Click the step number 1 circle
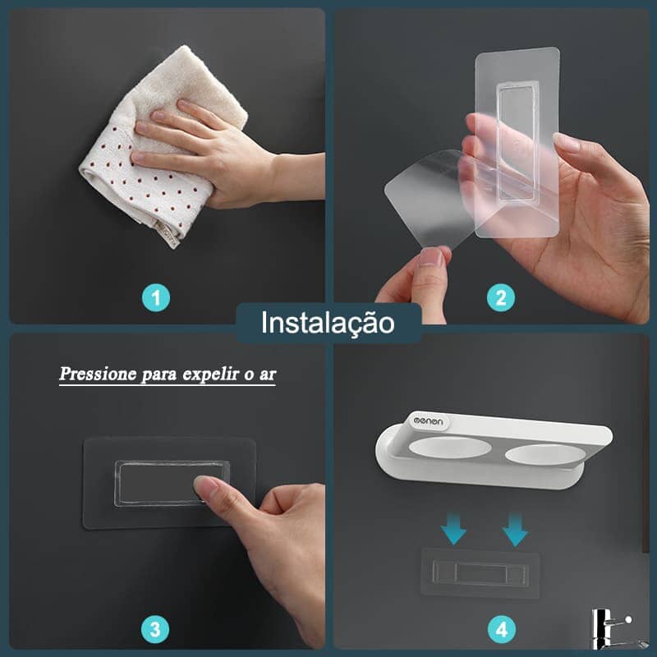coord(156,296)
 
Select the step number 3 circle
coord(156,630)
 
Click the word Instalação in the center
coord(328,323)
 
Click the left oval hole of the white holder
coord(451,451)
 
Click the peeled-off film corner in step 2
coord(419,197)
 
